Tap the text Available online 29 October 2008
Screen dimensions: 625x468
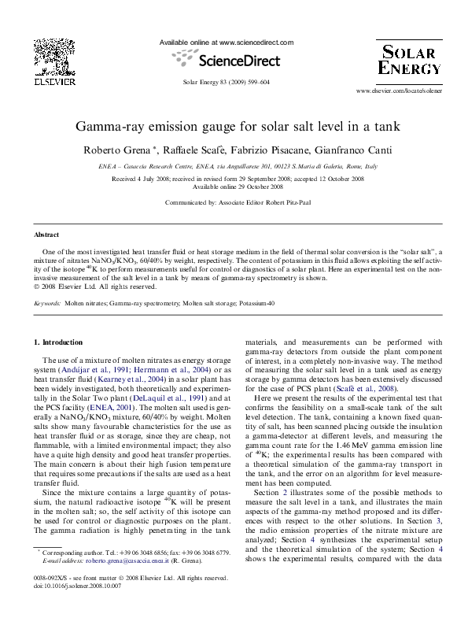click(x=238, y=187)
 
